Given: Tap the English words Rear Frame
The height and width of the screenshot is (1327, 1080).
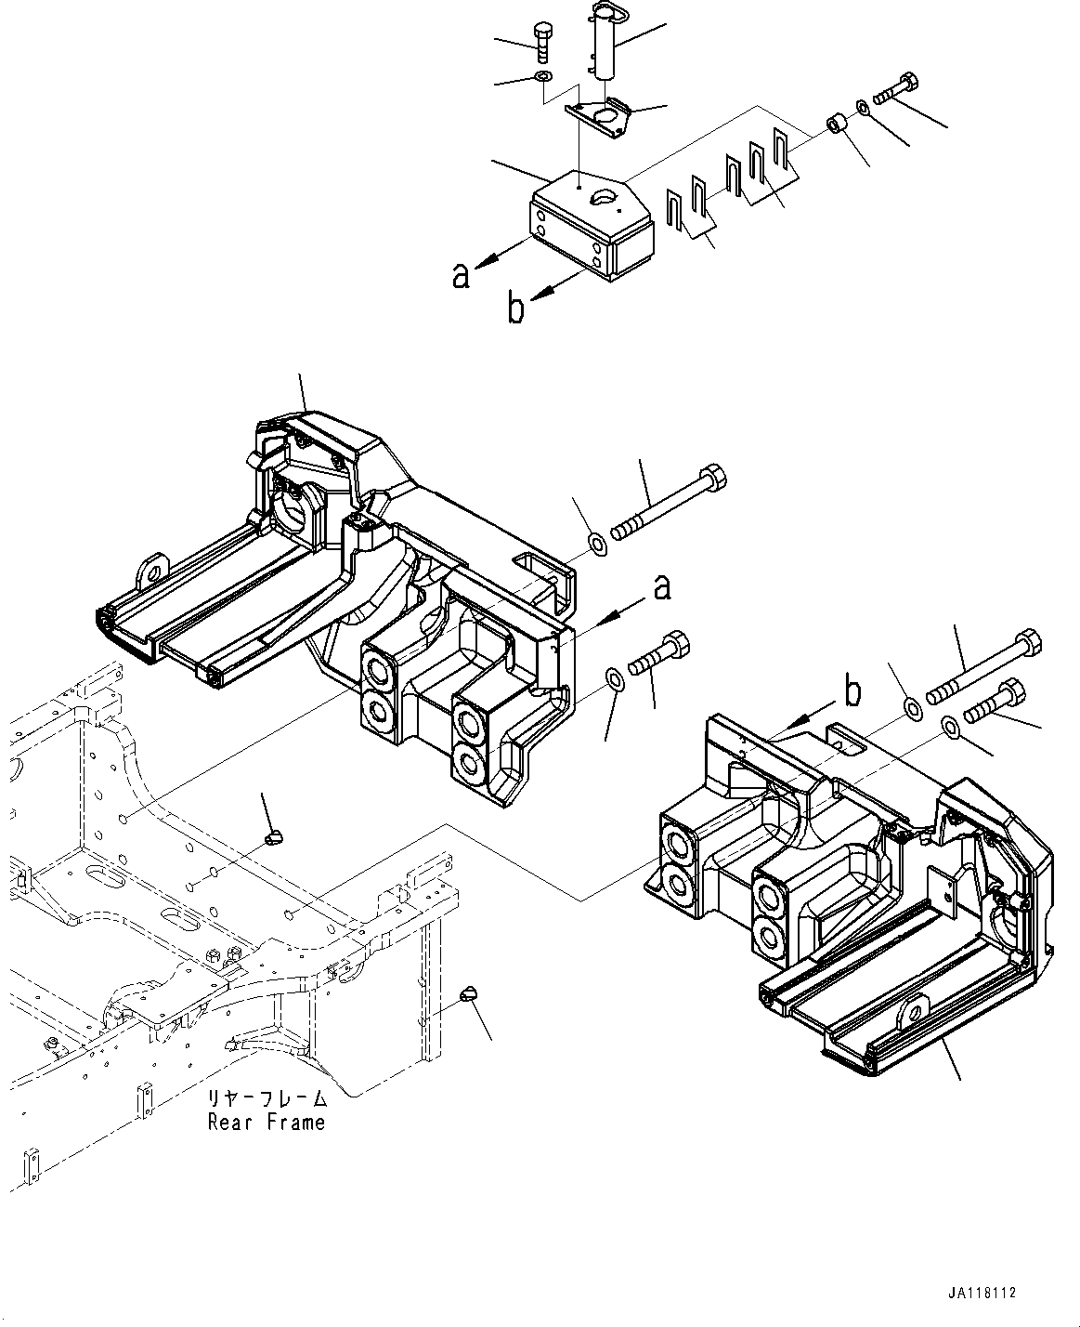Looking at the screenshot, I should [266, 1122].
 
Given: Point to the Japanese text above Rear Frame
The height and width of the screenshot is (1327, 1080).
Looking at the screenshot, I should [267, 1097].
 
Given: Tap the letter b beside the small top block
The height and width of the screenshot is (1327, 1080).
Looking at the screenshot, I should [515, 309].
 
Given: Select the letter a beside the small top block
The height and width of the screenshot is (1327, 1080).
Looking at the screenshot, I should [460, 276].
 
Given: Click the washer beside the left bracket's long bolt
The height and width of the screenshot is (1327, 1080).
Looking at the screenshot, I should [596, 541].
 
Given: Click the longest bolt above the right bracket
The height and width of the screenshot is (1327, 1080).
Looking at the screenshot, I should [984, 667].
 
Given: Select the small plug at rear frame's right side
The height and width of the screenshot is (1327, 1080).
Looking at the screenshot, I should [470, 995].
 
